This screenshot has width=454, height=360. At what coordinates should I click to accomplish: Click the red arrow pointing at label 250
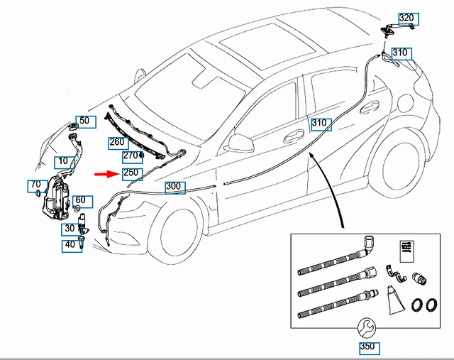109,173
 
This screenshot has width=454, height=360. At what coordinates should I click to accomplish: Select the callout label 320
406,18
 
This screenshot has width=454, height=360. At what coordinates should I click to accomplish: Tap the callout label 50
84,121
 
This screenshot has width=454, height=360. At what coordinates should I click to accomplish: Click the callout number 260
117,142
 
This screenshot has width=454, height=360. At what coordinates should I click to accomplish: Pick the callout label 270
131,156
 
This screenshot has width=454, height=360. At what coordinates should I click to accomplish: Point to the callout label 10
64,161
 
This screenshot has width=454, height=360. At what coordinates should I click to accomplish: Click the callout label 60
79,201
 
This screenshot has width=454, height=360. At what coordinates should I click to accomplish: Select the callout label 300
174,187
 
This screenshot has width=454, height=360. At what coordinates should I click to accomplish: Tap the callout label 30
70,229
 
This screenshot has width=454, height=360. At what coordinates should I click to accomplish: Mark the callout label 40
70,245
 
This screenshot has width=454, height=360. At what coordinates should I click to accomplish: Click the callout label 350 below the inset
367,348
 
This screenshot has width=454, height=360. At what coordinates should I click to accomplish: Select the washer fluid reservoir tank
57,199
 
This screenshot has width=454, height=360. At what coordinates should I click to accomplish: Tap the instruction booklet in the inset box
407,249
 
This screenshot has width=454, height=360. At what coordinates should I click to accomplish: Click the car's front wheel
179,234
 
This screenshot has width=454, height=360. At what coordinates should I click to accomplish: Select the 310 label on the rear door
320,124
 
